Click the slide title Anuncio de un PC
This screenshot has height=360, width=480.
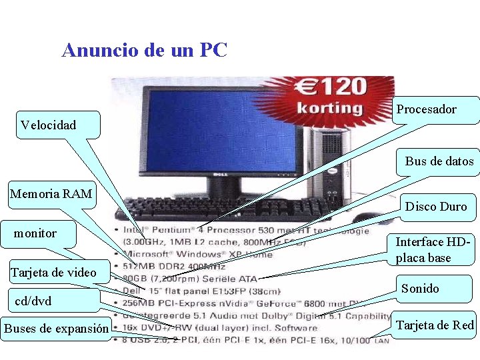pos(144,50)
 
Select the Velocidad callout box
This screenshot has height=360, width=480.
pos(57,125)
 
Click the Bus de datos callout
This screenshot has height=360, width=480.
pos(439,161)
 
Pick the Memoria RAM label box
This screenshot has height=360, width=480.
pos(51,194)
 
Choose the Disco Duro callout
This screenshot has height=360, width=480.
pos(436,207)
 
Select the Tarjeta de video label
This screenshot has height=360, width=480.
pos(53,272)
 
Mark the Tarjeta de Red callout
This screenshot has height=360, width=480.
pos(435,325)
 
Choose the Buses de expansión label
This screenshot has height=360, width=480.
pos(56,328)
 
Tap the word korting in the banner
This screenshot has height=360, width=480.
pos(329,107)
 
